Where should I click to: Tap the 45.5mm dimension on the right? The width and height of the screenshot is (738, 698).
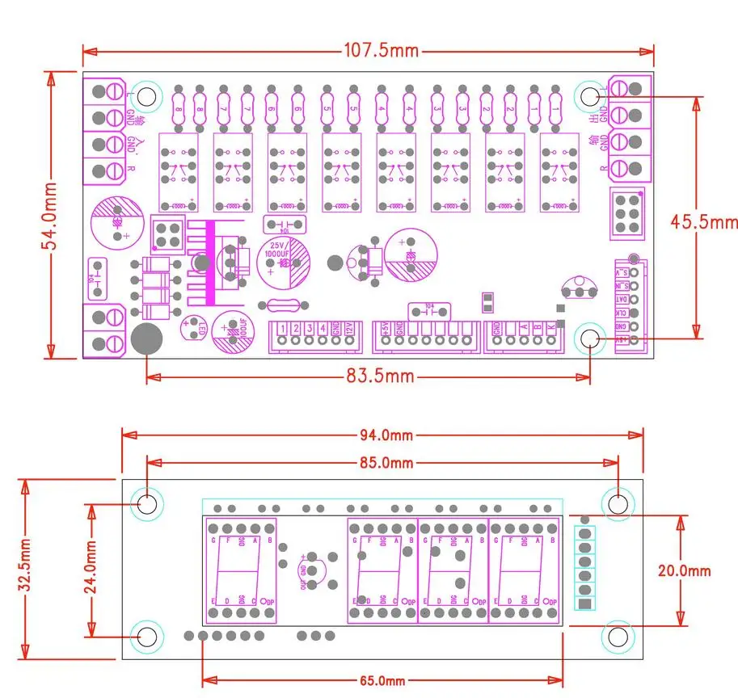(705, 221)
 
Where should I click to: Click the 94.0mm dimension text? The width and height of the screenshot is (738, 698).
(382, 435)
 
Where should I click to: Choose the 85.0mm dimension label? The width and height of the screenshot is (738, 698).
(382, 463)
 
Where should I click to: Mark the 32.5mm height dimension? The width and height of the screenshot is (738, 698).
(26, 569)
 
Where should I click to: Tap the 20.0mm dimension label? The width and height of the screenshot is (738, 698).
(684, 570)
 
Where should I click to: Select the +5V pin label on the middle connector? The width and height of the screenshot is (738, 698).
(385, 328)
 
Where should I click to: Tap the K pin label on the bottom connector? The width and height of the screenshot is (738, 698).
(550, 328)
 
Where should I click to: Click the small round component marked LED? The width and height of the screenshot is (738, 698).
(196, 327)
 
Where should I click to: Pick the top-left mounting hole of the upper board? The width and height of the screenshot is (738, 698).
(146, 96)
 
